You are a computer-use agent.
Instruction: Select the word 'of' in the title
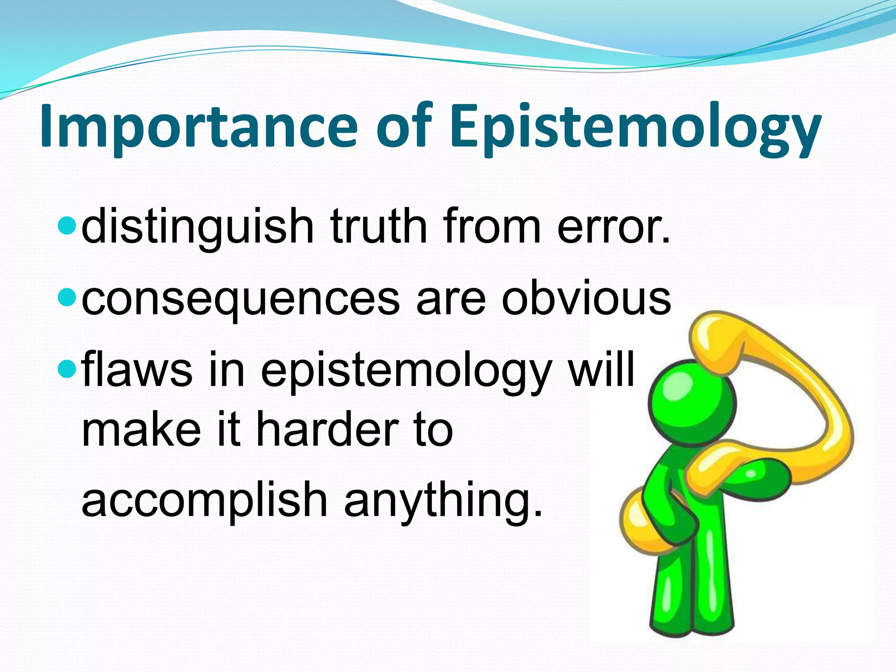[405, 127]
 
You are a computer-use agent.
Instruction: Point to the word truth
[379, 226]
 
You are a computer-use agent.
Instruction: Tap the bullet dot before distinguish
[67, 225]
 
